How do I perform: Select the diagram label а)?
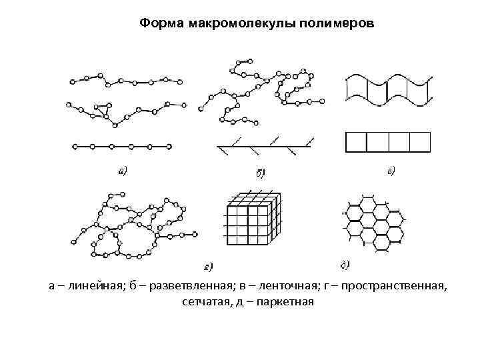click(x=123, y=171)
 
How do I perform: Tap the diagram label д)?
click(x=345, y=265)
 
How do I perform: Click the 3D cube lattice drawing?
click(x=251, y=221)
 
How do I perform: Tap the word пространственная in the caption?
click(x=397, y=286)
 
